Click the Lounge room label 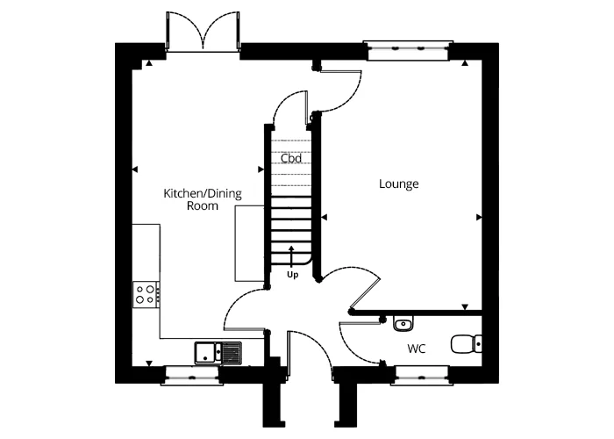tap(398, 184)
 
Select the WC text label tap(417, 349)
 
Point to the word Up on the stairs tap(292, 274)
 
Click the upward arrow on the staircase tap(292, 255)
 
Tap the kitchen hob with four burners tap(146, 294)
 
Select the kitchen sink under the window tap(218, 352)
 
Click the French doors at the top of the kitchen tap(203, 33)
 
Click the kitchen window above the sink tap(190, 376)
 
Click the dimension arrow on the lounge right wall tap(479, 217)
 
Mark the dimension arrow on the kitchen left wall tap(134, 169)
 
